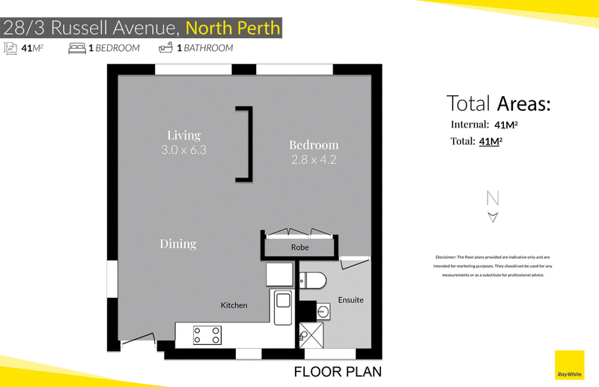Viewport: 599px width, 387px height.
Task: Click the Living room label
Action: [x=183, y=135]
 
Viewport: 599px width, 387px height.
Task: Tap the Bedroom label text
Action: [x=314, y=145]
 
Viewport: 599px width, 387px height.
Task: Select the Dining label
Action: [x=178, y=244]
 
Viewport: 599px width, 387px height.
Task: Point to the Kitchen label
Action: [x=234, y=305]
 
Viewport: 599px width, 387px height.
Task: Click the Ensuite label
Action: [x=350, y=300]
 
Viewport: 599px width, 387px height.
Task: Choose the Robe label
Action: [x=300, y=247]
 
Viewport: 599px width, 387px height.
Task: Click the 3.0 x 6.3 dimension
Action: [x=183, y=150]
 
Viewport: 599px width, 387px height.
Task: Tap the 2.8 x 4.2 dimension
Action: [x=314, y=160]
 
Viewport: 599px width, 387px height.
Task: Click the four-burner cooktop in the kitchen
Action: [x=207, y=335]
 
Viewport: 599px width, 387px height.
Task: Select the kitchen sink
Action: [x=283, y=307]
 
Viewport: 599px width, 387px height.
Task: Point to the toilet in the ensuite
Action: [x=312, y=280]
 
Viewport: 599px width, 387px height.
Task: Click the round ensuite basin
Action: [x=323, y=311]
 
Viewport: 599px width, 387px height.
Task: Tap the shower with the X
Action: [x=311, y=335]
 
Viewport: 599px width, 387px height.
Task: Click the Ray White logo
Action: [x=569, y=365]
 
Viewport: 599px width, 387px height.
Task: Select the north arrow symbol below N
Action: [x=493, y=217]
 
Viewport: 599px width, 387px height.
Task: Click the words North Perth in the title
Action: [x=233, y=28]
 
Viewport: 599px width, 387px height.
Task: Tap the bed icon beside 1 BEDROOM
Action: [x=77, y=48]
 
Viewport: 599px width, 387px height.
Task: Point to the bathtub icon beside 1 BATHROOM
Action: [x=165, y=48]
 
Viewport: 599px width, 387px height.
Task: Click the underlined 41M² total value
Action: [x=490, y=141]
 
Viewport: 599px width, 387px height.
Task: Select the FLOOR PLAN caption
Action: [x=338, y=372]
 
